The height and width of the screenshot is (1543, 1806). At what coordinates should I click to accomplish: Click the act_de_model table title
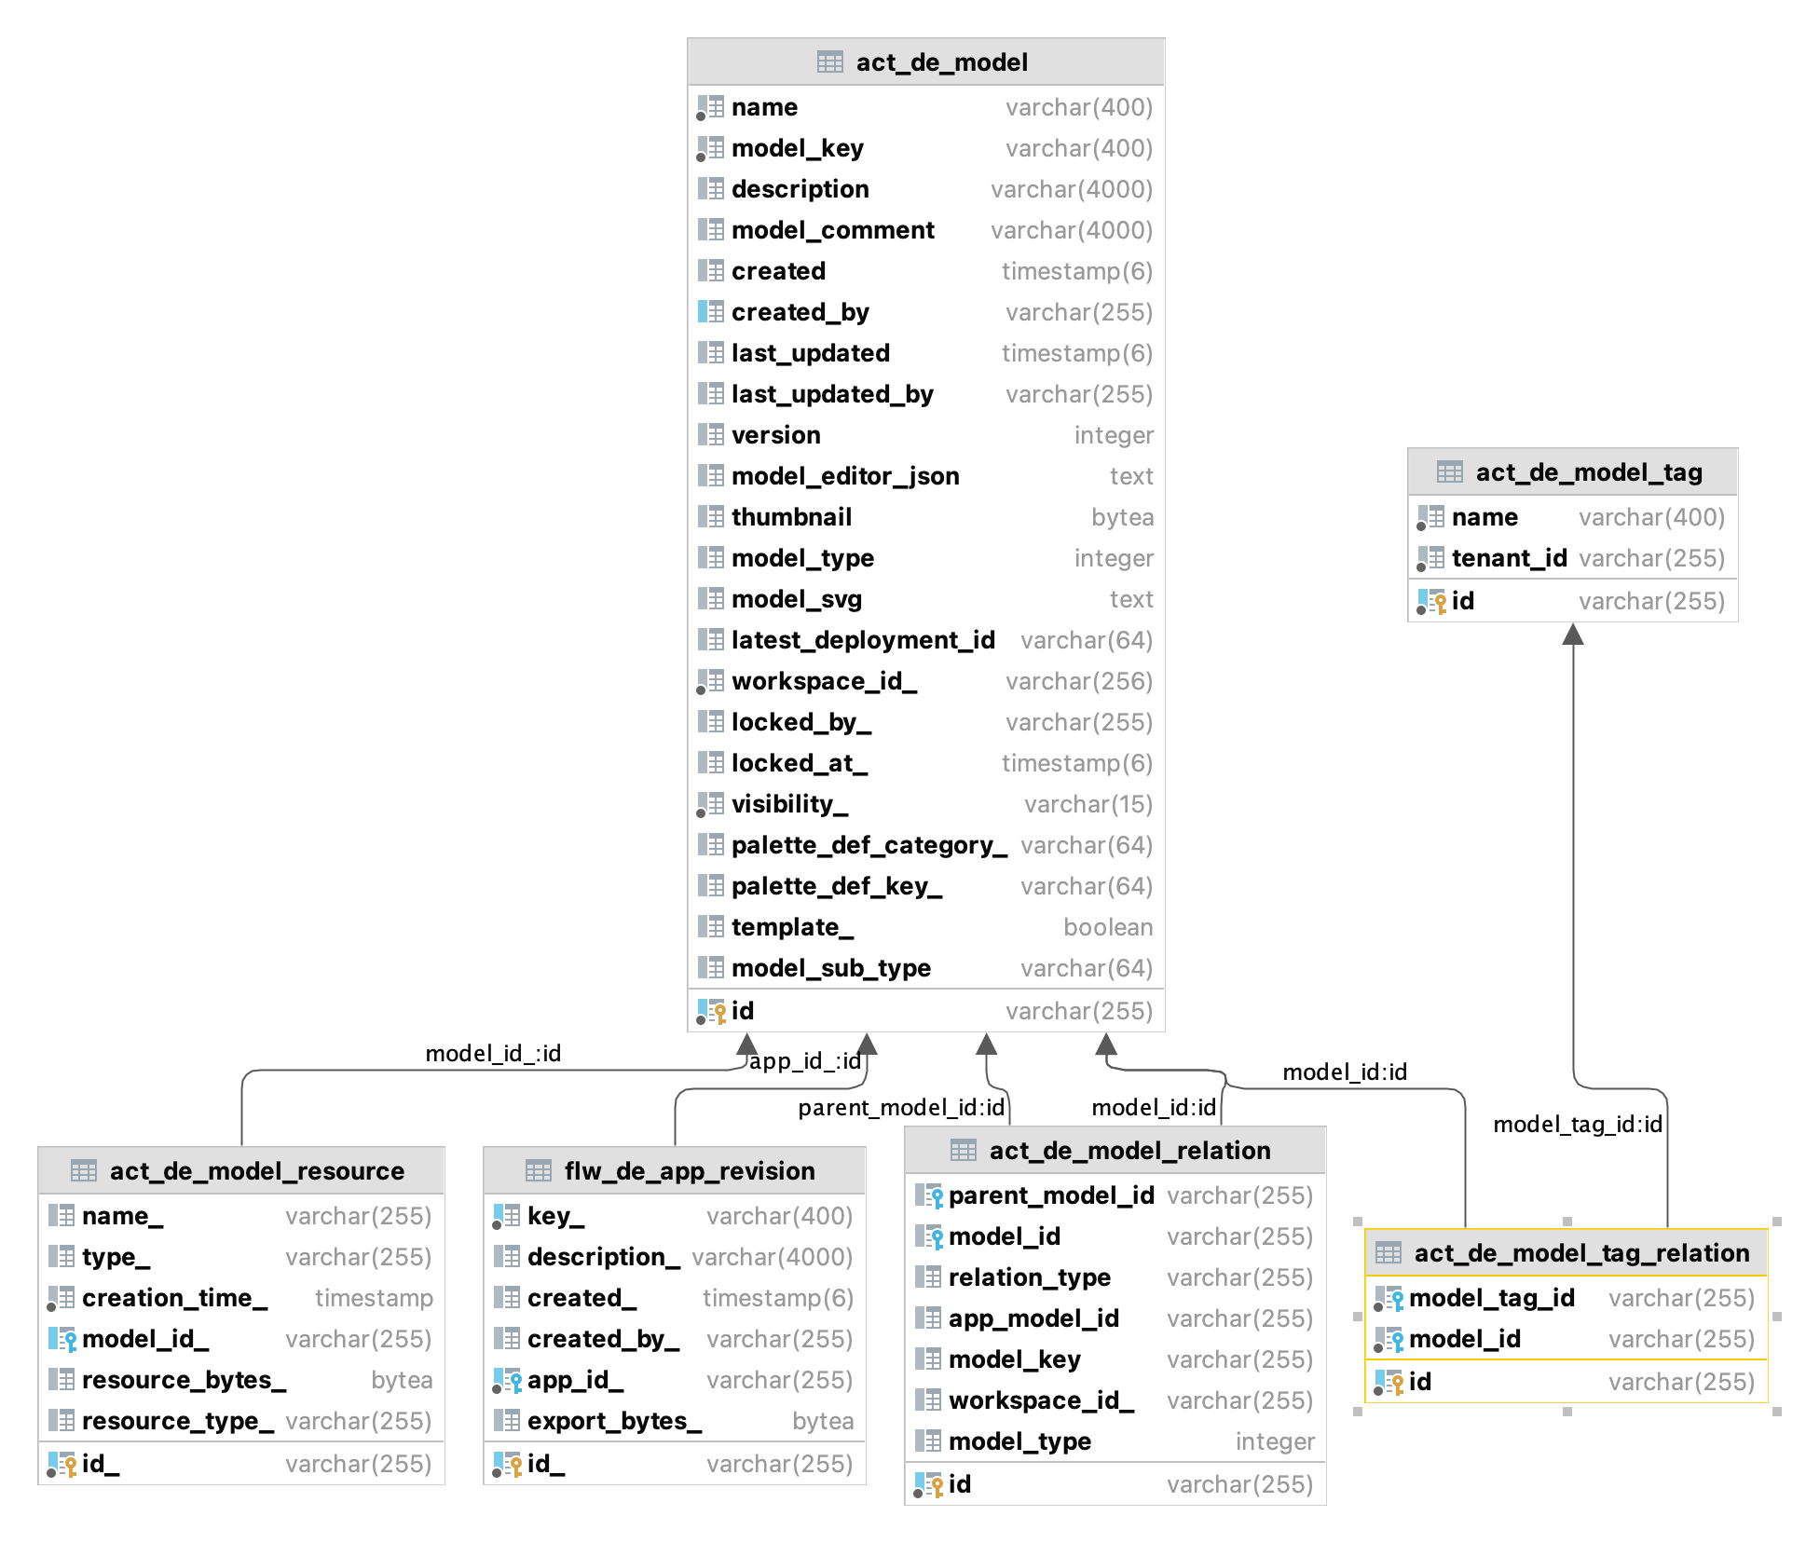(941, 62)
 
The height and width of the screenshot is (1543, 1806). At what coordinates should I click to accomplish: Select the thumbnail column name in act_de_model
(791, 517)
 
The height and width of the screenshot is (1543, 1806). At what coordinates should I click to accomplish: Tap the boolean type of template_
(1107, 927)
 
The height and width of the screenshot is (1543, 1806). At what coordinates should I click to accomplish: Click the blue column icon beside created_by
(710, 312)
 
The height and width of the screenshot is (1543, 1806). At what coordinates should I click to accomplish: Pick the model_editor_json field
(844, 476)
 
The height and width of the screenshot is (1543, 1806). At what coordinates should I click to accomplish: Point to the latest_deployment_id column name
(862, 640)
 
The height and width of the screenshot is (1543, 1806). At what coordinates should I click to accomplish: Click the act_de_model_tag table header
(1588, 472)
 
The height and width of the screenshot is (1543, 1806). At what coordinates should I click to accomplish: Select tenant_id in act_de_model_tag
(1508, 558)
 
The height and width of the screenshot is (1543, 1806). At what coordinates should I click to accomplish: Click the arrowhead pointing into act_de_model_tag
(1573, 635)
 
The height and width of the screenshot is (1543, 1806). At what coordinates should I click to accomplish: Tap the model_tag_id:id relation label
(1577, 1125)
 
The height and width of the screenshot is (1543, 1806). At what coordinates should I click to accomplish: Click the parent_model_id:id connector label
(900, 1108)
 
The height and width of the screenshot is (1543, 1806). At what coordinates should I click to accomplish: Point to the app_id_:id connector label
(804, 1061)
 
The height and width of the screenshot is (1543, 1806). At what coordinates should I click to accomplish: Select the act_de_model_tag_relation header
(1580, 1253)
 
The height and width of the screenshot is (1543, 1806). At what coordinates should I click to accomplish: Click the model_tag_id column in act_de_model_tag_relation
(1491, 1298)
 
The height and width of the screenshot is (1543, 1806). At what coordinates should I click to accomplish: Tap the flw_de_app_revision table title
(689, 1171)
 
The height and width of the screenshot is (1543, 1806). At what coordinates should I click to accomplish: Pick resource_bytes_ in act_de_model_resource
(183, 1380)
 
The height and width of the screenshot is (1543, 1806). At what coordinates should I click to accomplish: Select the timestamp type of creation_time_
(373, 1298)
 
